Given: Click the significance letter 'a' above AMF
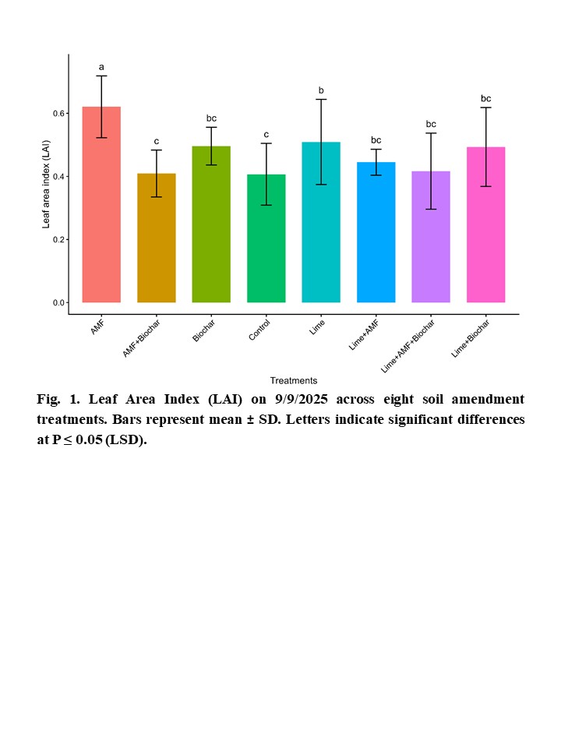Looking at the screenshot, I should [101, 67].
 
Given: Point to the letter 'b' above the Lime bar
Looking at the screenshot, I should [321, 91].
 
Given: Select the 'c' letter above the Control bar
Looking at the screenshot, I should [266, 134].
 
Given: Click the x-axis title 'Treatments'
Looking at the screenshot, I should [294, 381].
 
